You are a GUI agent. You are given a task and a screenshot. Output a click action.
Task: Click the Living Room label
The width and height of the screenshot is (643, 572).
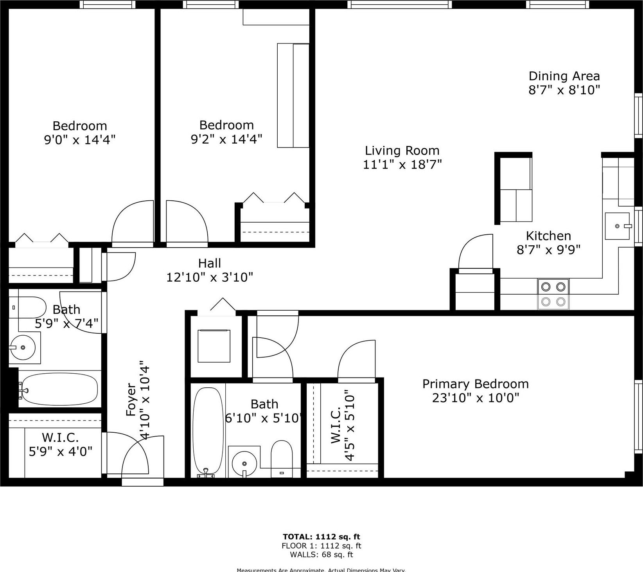[x=402, y=151]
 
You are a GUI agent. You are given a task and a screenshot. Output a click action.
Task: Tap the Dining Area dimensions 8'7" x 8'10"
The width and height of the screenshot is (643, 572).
[x=564, y=90]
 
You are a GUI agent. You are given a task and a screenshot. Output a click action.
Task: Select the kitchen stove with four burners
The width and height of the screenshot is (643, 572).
[x=553, y=294]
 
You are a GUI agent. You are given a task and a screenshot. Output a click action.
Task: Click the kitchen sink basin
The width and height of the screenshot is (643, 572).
[x=617, y=226]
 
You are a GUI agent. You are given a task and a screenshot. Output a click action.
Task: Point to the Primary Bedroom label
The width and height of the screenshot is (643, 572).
[x=475, y=384]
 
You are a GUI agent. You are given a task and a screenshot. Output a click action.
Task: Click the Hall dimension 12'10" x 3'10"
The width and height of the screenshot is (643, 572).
[x=210, y=277]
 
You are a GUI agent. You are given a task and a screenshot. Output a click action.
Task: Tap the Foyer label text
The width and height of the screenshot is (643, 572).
[x=131, y=400]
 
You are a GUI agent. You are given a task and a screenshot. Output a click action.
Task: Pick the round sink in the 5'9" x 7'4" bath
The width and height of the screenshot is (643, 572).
[x=23, y=347]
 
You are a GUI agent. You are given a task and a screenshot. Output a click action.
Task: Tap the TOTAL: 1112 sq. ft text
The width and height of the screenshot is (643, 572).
[x=321, y=537]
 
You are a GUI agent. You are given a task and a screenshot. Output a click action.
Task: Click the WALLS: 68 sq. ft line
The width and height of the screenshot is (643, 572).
[x=321, y=554]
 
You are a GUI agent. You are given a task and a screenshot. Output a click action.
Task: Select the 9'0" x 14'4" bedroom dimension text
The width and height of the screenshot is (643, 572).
[x=79, y=140]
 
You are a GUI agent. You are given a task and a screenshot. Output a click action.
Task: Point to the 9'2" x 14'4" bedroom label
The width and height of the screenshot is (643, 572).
[x=226, y=125]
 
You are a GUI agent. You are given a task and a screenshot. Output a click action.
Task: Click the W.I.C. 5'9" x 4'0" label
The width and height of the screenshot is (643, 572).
[x=60, y=444]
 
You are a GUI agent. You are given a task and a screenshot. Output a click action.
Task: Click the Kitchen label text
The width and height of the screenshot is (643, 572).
[x=548, y=236]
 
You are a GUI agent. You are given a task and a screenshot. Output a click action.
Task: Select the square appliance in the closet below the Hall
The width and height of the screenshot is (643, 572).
[x=214, y=346]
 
